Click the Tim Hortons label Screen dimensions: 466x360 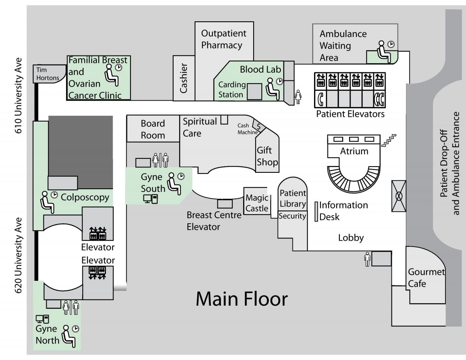[47, 74]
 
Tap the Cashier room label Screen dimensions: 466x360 [184, 78]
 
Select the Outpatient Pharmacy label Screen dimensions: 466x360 [223, 39]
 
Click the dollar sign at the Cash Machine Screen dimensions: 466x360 [258, 127]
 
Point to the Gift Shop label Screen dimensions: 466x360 [267, 156]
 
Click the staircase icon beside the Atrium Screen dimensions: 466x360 [389, 141]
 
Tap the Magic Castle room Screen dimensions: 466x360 [257, 203]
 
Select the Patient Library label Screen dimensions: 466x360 [293, 198]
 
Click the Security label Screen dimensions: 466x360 [292, 216]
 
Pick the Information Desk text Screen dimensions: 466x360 [343, 211]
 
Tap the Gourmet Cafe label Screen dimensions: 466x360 [426, 278]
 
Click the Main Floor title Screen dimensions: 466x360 [242, 299]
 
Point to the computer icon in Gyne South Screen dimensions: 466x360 [150, 199]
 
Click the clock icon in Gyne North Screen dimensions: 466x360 [75, 329]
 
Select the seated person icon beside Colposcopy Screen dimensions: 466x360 [47, 202]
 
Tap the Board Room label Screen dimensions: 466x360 [153, 129]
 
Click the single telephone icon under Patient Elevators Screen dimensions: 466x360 [321, 99]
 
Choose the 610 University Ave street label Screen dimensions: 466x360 [18, 96]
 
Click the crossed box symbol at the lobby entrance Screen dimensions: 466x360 [399, 196]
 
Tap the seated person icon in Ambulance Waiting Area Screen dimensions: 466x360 [384, 52]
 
